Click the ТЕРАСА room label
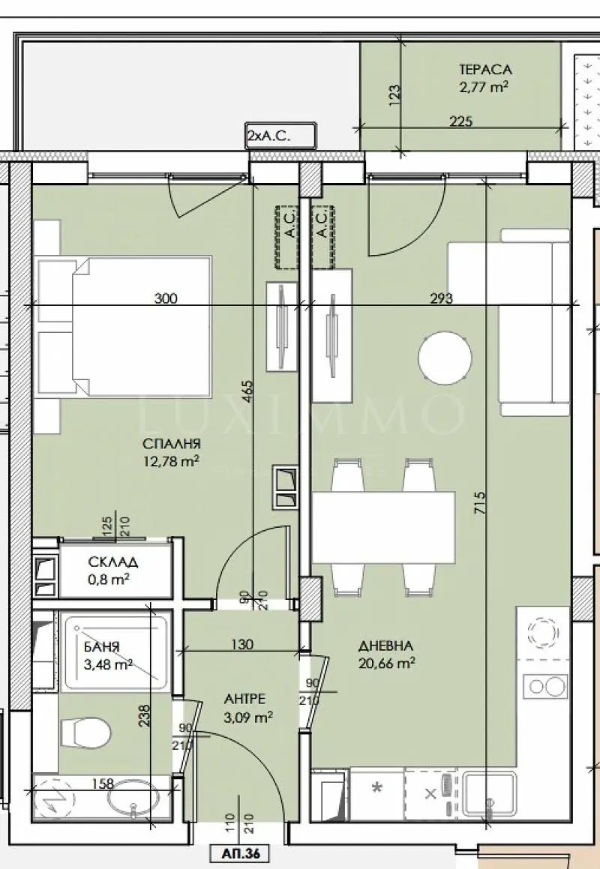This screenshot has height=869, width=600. click(485, 70)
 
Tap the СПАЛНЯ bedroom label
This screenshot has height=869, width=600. click(171, 444)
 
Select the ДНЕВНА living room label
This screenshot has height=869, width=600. click(386, 646)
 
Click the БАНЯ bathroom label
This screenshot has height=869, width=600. click(101, 647)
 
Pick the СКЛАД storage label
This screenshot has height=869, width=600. click(113, 562)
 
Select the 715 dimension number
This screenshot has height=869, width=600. click(480, 502)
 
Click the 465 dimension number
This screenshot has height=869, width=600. click(247, 391)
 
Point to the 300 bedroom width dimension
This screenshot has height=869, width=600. click(166, 298)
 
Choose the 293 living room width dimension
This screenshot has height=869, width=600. click(442, 298)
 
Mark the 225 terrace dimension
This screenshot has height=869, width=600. click(460, 121)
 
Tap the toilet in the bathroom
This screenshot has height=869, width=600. click(84, 733)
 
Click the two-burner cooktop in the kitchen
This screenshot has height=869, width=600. click(547, 686)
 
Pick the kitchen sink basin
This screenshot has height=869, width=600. click(490, 796)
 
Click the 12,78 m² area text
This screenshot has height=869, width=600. click(171, 460)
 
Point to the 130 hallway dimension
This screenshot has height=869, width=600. click(242, 644)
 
